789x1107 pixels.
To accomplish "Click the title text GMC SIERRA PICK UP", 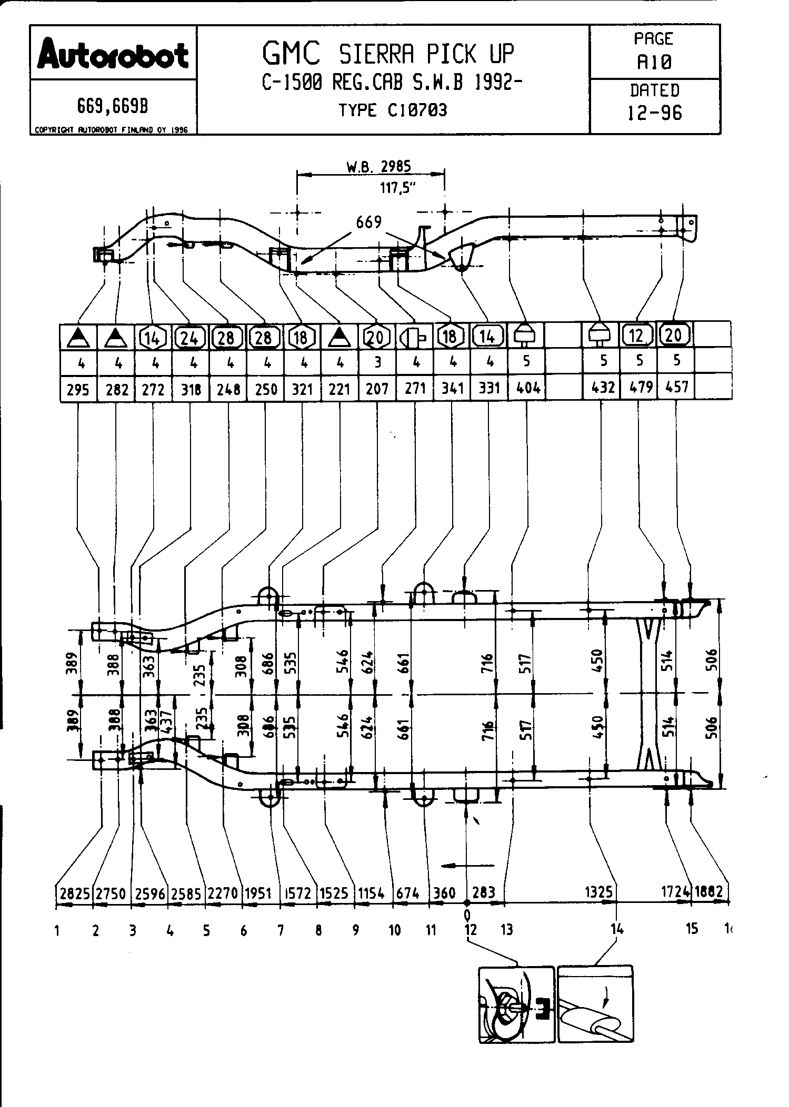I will [388, 54].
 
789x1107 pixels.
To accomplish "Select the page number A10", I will [654, 63].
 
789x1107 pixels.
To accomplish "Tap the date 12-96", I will [655, 113].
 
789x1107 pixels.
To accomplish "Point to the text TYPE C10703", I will [393, 110].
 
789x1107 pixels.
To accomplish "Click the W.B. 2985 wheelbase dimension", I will [378, 167].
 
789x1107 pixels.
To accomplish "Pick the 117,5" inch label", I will [398, 187].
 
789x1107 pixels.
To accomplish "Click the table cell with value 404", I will [527, 388].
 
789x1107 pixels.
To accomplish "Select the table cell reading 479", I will [639, 388].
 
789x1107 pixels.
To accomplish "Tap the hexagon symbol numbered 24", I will [189, 337].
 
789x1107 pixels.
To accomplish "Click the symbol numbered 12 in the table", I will [637, 334].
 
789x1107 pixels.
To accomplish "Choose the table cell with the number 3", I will [377, 362].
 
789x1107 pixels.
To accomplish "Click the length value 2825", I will [74, 893].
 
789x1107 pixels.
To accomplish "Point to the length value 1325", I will [599, 891].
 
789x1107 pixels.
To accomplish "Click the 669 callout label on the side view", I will [368, 222].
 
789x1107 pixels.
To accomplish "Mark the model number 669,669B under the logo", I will [113, 107].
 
